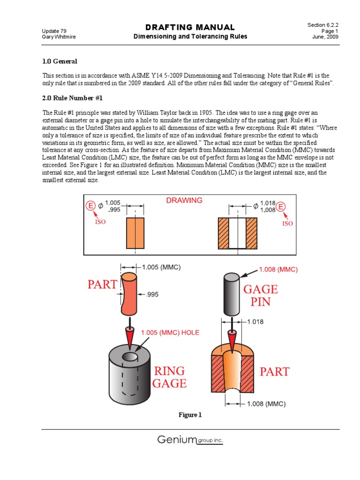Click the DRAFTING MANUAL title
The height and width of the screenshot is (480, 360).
(x=190, y=27)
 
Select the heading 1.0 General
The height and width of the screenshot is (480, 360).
(x=60, y=61)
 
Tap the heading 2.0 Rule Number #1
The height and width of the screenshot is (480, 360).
(x=72, y=98)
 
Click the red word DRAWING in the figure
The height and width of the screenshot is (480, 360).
(x=184, y=200)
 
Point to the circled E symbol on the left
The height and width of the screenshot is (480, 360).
(x=91, y=206)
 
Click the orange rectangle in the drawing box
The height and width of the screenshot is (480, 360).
(x=135, y=233)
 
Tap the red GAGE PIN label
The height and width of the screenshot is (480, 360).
(x=260, y=295)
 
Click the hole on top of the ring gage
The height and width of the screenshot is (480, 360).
(x=130, y=357)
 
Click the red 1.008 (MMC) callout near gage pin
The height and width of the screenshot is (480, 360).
(x=278, y=270)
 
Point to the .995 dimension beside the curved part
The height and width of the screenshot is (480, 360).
(x=153, y=295)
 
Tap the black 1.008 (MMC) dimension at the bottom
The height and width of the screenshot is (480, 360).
(x=266, y=404)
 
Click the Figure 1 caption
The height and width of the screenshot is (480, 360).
(x=189, y=415)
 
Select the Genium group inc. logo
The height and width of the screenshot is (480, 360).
(x=190, y=440)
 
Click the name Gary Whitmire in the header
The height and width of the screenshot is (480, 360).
(x=59, y=37)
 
